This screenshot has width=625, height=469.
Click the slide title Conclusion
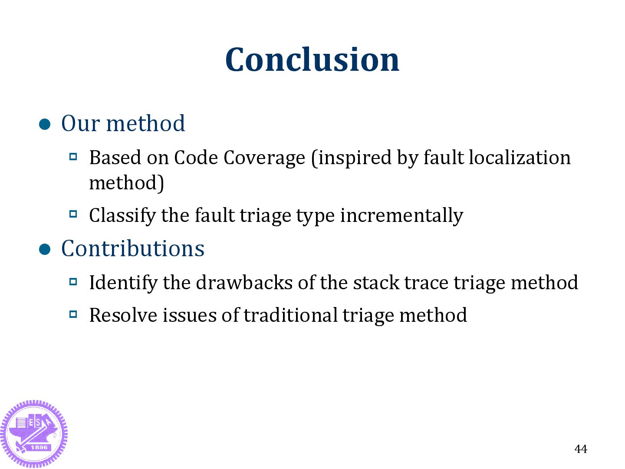click(x=312, y=59)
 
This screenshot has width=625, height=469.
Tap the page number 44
click(x=580, y=449)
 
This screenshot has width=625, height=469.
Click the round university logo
click(x=34, y=433)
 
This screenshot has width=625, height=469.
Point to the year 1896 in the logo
click(x=39, y=447)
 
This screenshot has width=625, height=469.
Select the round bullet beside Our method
click(x=45, y=125)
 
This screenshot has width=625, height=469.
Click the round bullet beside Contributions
click(x=45, y=250)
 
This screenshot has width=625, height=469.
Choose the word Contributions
click(x=133, y=249)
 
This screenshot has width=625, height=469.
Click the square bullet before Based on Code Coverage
click(x=73, y=156)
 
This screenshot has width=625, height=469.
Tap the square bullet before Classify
click(x=73, y=214)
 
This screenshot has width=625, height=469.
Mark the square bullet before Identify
click(x=73, y=281)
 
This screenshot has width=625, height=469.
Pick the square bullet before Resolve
click(x=73, y=314)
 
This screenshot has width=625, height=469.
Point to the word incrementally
click(x=401, y=216)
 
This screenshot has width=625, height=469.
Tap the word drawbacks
click(x=244, y=283)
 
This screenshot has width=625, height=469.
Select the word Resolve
click(x=123, y=315)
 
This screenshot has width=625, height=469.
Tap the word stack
click(x=376, y=283)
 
